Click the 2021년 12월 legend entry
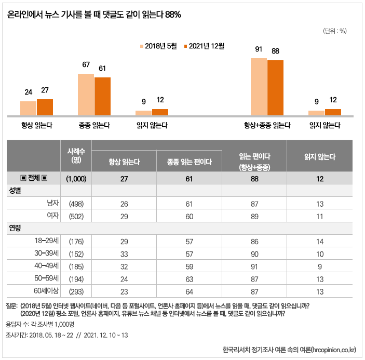click(x=204, y=46)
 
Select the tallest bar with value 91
click(x=259, y=86)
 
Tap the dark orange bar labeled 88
click(x=275, y=87)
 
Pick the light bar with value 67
click(x=86, y=94)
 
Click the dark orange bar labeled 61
click(x=103, y=96)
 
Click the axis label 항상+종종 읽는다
click(x=267, y=125)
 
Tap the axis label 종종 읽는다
click(x=94, y=125)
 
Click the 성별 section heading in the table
click(x=16, y=191)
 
